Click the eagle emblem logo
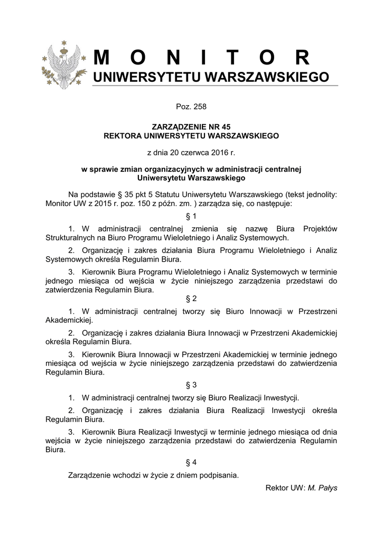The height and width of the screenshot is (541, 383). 63,64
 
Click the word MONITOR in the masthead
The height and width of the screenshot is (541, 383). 203,58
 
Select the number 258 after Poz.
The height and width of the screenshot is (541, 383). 199,107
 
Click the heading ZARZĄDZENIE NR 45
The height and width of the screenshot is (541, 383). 191,127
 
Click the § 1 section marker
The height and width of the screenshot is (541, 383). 191,216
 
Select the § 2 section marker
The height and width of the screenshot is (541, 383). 191,299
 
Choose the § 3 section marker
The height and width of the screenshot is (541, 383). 191,385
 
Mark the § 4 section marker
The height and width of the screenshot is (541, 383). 191,462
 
